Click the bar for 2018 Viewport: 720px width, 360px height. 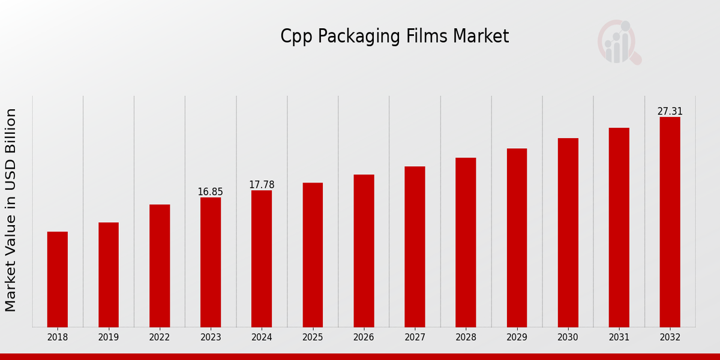point(58,279)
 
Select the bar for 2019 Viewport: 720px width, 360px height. point(109,275)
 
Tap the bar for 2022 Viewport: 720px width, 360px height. point(160,266)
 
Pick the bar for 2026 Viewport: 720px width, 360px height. point(364,251)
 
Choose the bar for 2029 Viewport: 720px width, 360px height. point(517,238)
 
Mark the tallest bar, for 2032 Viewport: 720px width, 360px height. point(670,222)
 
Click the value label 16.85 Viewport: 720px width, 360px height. point(211,192)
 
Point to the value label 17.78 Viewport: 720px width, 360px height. point(262,185)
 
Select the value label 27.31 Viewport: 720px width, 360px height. point(670,112)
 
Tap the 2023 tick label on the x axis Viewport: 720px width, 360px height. point(211,338)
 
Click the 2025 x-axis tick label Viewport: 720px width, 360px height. point(313,338)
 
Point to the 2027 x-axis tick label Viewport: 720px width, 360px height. point(415,338)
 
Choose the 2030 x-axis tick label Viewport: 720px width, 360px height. point(568,338)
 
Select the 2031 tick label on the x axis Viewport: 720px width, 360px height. point(619,338)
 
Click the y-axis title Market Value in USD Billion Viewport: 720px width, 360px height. point(11,210)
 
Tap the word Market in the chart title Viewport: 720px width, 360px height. point(481,37)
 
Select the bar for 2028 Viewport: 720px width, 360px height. point(466,242)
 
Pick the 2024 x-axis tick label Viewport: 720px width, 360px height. point(262,338)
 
